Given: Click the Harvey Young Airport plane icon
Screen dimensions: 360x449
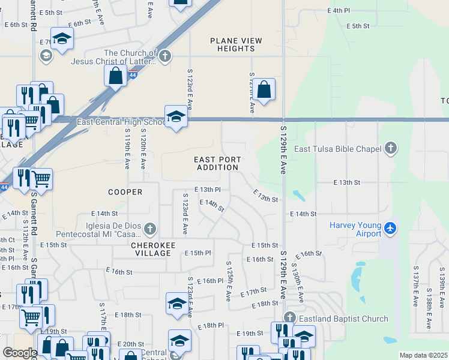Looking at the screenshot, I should point(391,227).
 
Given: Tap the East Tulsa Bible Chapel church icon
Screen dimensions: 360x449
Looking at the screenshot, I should point(391,148).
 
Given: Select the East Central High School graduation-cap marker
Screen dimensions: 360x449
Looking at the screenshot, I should point(176,116).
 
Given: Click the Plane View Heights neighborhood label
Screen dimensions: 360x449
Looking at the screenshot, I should point(236,44).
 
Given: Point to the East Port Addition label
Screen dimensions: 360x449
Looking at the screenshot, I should point(217,163).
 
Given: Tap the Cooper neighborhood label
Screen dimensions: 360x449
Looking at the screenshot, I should point(125,192).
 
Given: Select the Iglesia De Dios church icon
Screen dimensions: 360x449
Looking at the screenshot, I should point(150,228).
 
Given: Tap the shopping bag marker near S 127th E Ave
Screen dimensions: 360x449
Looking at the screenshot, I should point(264,91).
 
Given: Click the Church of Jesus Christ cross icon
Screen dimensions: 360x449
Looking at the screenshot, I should point(165,57).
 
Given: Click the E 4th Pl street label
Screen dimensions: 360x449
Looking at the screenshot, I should point(338,10).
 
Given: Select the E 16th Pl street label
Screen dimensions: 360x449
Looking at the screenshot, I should point(209,281).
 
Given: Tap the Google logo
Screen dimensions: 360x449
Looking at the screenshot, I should point(20,352).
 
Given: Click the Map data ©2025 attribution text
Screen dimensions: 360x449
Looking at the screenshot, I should point(423,355).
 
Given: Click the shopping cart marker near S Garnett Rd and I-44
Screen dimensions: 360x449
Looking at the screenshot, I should point(41,179).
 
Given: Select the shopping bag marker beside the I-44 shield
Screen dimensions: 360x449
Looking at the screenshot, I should point(115,76).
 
